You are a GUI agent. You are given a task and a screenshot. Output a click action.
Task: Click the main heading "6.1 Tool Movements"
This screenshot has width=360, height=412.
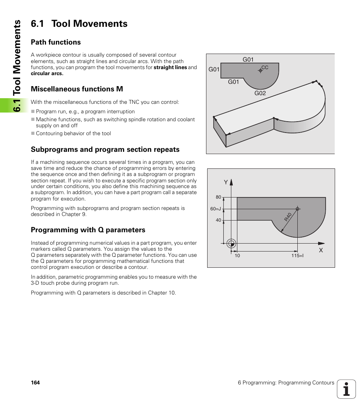79,24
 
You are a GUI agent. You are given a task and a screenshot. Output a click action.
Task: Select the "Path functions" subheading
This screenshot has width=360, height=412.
56,42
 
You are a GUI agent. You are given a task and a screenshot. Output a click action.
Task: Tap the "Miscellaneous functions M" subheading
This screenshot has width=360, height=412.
77,89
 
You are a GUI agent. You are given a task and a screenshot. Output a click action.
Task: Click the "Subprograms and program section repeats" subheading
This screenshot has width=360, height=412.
105,150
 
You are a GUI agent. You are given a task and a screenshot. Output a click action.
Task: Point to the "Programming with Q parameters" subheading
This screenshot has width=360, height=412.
88,230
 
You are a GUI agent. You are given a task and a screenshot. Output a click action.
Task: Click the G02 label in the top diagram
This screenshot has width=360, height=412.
260,93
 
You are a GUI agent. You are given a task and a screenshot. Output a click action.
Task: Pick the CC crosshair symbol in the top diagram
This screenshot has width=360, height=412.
260,70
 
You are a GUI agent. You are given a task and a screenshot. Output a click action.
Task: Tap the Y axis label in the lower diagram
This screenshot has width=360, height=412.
226,182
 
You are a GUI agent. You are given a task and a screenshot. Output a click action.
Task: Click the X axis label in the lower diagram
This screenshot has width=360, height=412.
321,250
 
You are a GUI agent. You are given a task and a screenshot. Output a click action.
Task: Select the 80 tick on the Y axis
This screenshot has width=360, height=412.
218,197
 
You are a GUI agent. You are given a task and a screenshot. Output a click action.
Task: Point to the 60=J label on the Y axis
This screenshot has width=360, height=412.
215,209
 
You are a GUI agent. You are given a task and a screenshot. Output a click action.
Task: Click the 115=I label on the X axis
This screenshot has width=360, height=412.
297,256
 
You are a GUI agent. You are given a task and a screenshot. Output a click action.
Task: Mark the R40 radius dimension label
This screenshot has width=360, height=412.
288,217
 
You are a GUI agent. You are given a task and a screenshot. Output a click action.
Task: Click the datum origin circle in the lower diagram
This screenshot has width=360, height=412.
232,244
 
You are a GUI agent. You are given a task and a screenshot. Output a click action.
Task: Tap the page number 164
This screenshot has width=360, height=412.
35,383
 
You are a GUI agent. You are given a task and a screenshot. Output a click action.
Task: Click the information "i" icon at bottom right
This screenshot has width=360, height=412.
346,389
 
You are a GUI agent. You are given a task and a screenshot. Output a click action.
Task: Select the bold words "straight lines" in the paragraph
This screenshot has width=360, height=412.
170,68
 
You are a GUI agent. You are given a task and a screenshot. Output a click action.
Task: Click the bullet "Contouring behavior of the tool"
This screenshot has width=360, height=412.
73,133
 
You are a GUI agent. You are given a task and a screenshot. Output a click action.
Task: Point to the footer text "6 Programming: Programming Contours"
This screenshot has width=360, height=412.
286,383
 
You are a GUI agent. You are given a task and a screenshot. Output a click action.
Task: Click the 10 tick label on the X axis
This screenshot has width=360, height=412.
237,256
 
